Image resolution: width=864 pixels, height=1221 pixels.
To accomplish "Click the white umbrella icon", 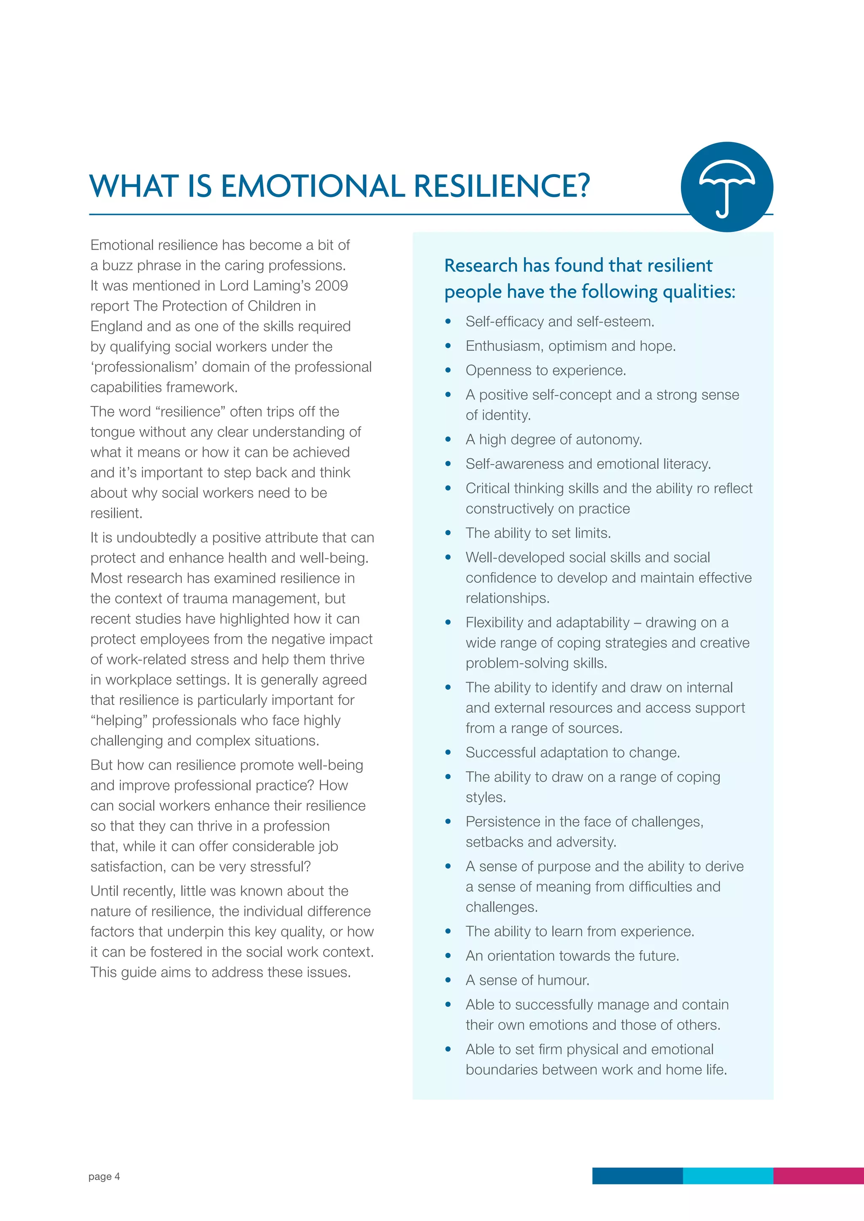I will (727, 188).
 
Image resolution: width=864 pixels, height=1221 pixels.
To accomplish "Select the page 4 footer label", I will (104, 1176).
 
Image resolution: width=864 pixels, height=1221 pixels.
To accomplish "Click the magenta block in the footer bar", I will (818, 1176).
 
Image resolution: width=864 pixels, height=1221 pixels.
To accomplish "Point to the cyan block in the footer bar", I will (727, 1176).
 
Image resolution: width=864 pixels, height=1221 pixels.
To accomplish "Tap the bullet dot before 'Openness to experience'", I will (448, 371).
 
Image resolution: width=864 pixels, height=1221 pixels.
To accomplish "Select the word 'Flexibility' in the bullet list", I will (494, 623).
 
